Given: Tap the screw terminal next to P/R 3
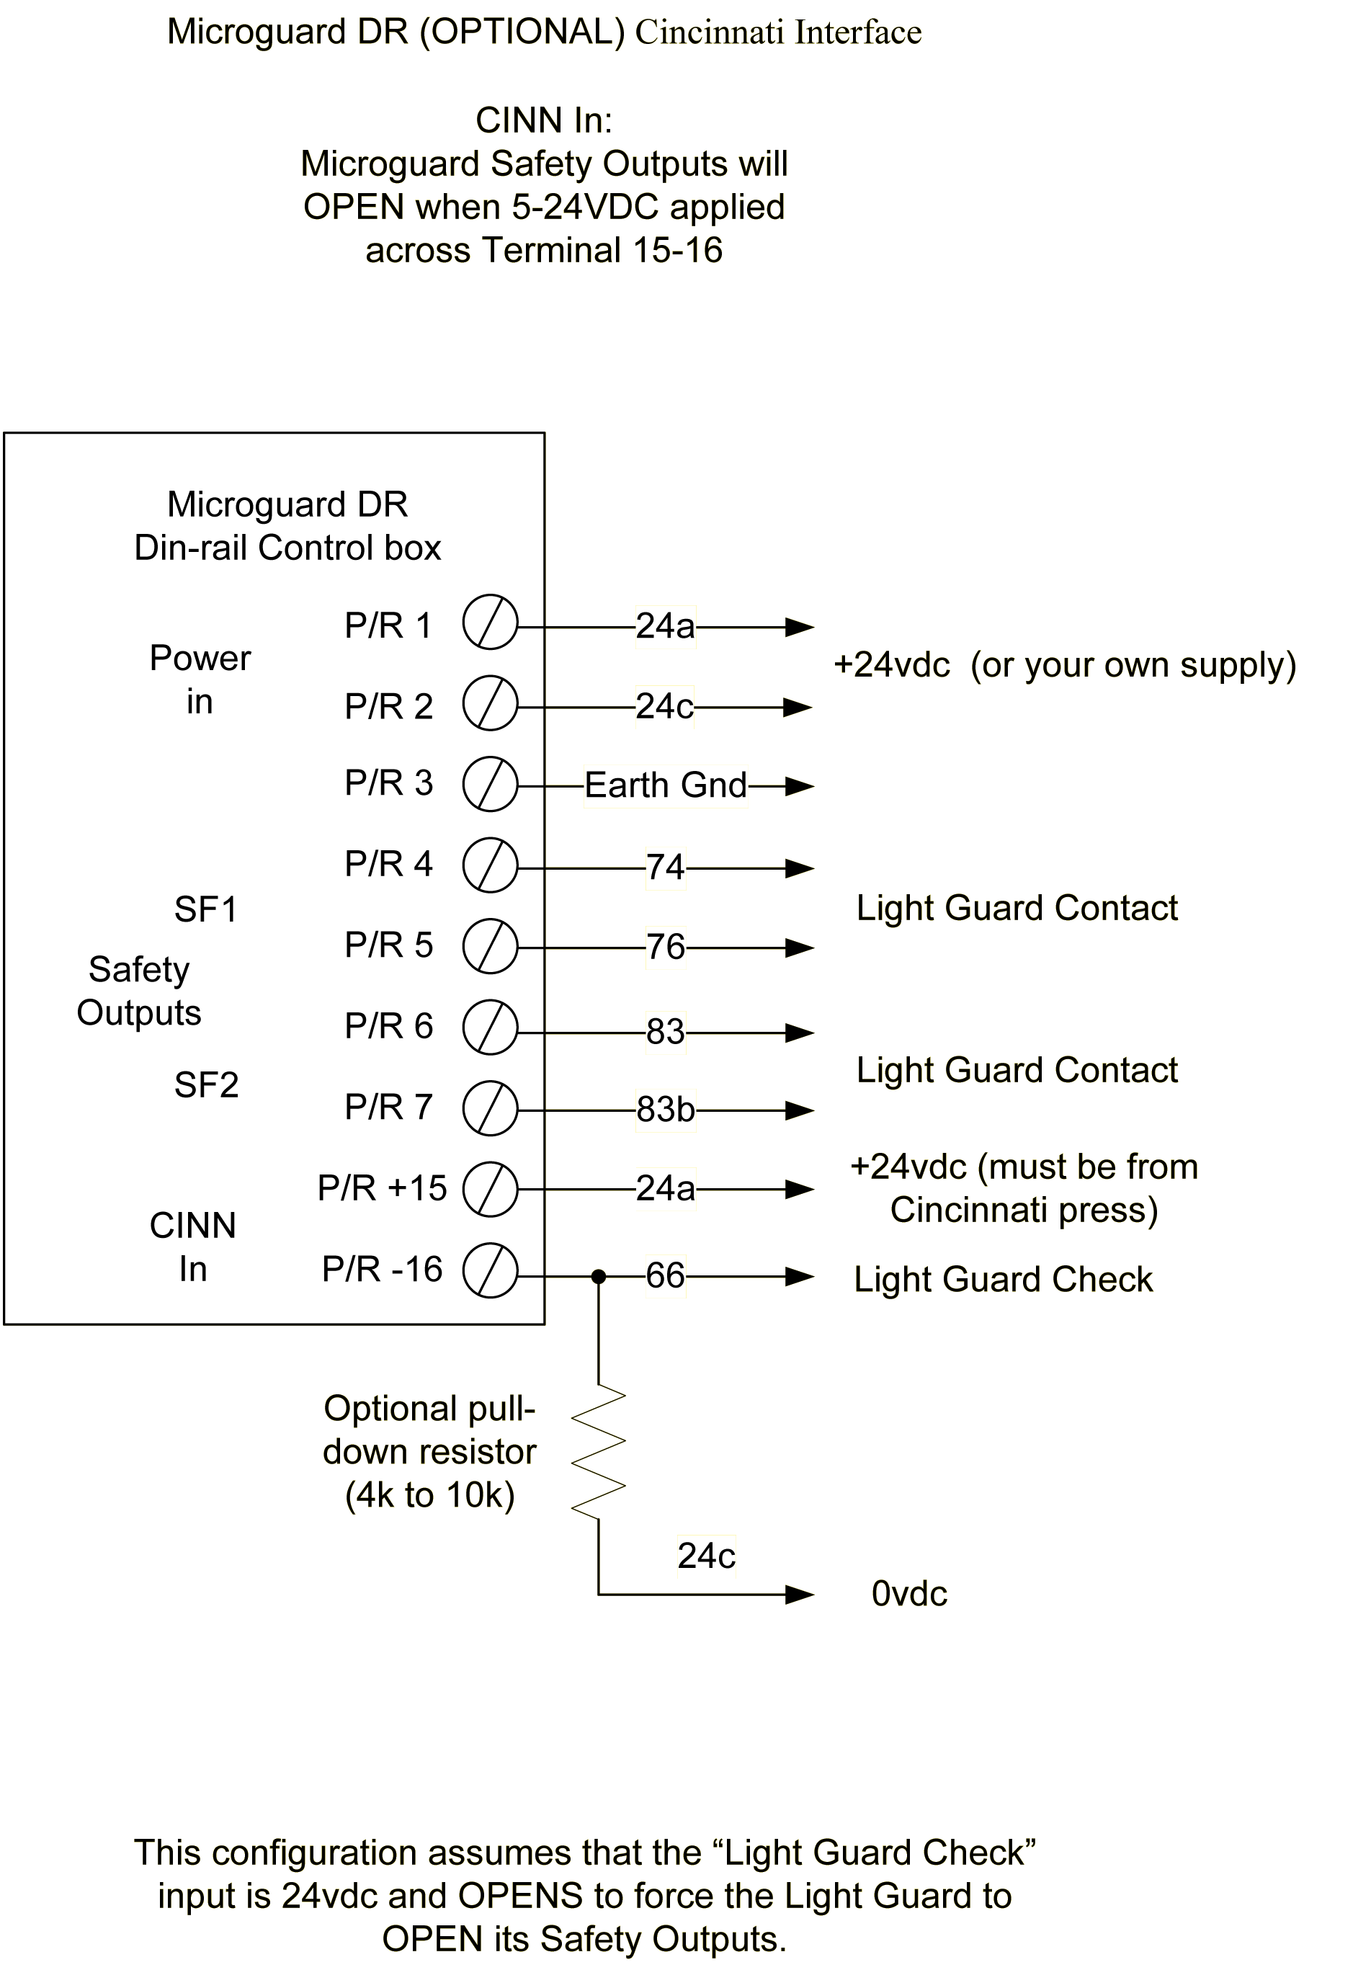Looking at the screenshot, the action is [x=490, y=783].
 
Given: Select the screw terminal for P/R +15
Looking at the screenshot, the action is [x=490, y=1189].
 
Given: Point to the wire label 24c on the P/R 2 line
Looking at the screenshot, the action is [x=664, y=707].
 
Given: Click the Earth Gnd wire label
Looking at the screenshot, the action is [x=666, y=785].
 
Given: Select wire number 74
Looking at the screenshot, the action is [x=666, y=868].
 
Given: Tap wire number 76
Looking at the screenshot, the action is [x=666, y=948].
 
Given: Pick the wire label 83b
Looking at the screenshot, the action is [x=666, y=1110].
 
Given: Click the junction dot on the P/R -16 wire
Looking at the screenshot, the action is [x=599, y=1277].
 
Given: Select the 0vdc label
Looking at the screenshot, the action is [x=909, y=1594].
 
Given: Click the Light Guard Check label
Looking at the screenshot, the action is [x=1003, y=1279].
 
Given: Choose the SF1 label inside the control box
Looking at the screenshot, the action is [x=206, y=909].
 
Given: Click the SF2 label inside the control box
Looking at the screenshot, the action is [x=206, y=1085].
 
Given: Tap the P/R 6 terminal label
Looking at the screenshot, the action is [x=388, y=1026].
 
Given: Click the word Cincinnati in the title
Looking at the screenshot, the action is [x=710, y=32].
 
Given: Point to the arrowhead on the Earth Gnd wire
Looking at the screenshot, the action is [x=800, y=786].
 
